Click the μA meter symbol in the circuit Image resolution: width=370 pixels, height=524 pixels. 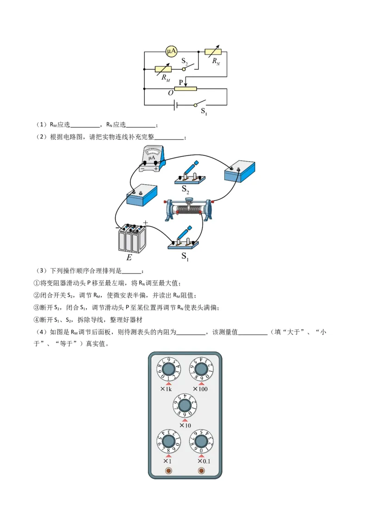[172, 52]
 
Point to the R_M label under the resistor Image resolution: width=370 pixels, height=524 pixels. [166, 78]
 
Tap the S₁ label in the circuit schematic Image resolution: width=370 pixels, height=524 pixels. [204, 111]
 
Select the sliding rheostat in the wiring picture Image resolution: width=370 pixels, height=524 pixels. [189, 210]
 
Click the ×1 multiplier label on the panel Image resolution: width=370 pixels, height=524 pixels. [167, 461]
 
